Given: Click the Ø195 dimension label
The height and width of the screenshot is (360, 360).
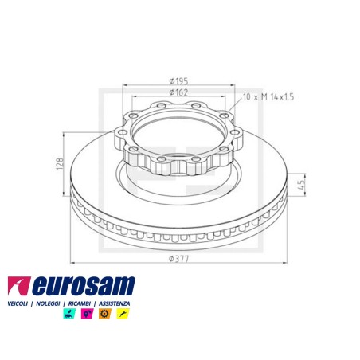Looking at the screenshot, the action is [x=178, y=80].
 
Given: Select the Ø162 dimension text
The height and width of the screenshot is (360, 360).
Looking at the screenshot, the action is [x=178, y=92].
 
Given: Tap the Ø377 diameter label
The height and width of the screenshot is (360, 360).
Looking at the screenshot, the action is [x=179, y=258].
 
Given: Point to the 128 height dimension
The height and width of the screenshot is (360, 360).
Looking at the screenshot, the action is [x=61, y=164].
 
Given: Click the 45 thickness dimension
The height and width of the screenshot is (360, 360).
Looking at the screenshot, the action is [x=301, y=185].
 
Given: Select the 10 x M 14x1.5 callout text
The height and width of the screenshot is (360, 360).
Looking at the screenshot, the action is [x=268, y=97].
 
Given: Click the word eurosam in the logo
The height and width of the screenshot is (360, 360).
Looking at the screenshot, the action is [x=84, y=286].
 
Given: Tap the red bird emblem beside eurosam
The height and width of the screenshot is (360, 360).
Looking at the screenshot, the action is [x=19, y=286].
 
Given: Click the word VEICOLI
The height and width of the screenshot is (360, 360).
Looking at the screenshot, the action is [x=18, y=303].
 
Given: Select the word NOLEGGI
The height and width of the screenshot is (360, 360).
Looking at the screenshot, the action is [x=48, y=303].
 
